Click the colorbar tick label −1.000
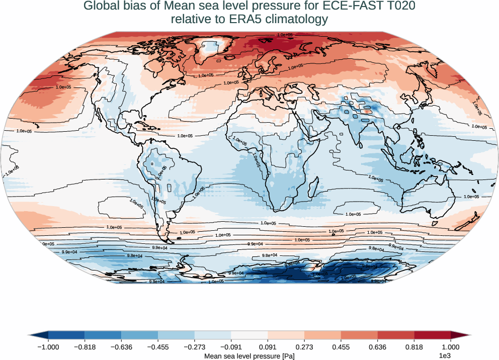[x=48, y=347]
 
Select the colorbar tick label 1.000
[x=451, y=347]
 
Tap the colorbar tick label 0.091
[x=268, y=347]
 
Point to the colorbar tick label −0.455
[x=158, y=347]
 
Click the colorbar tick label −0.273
[x=195, y=347]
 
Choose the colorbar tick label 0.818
[x=414, y=347]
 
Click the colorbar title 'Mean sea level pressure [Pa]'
[x=249, y=356]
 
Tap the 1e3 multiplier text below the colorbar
[x=444, y=356]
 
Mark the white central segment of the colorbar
[x=249, y=335]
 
